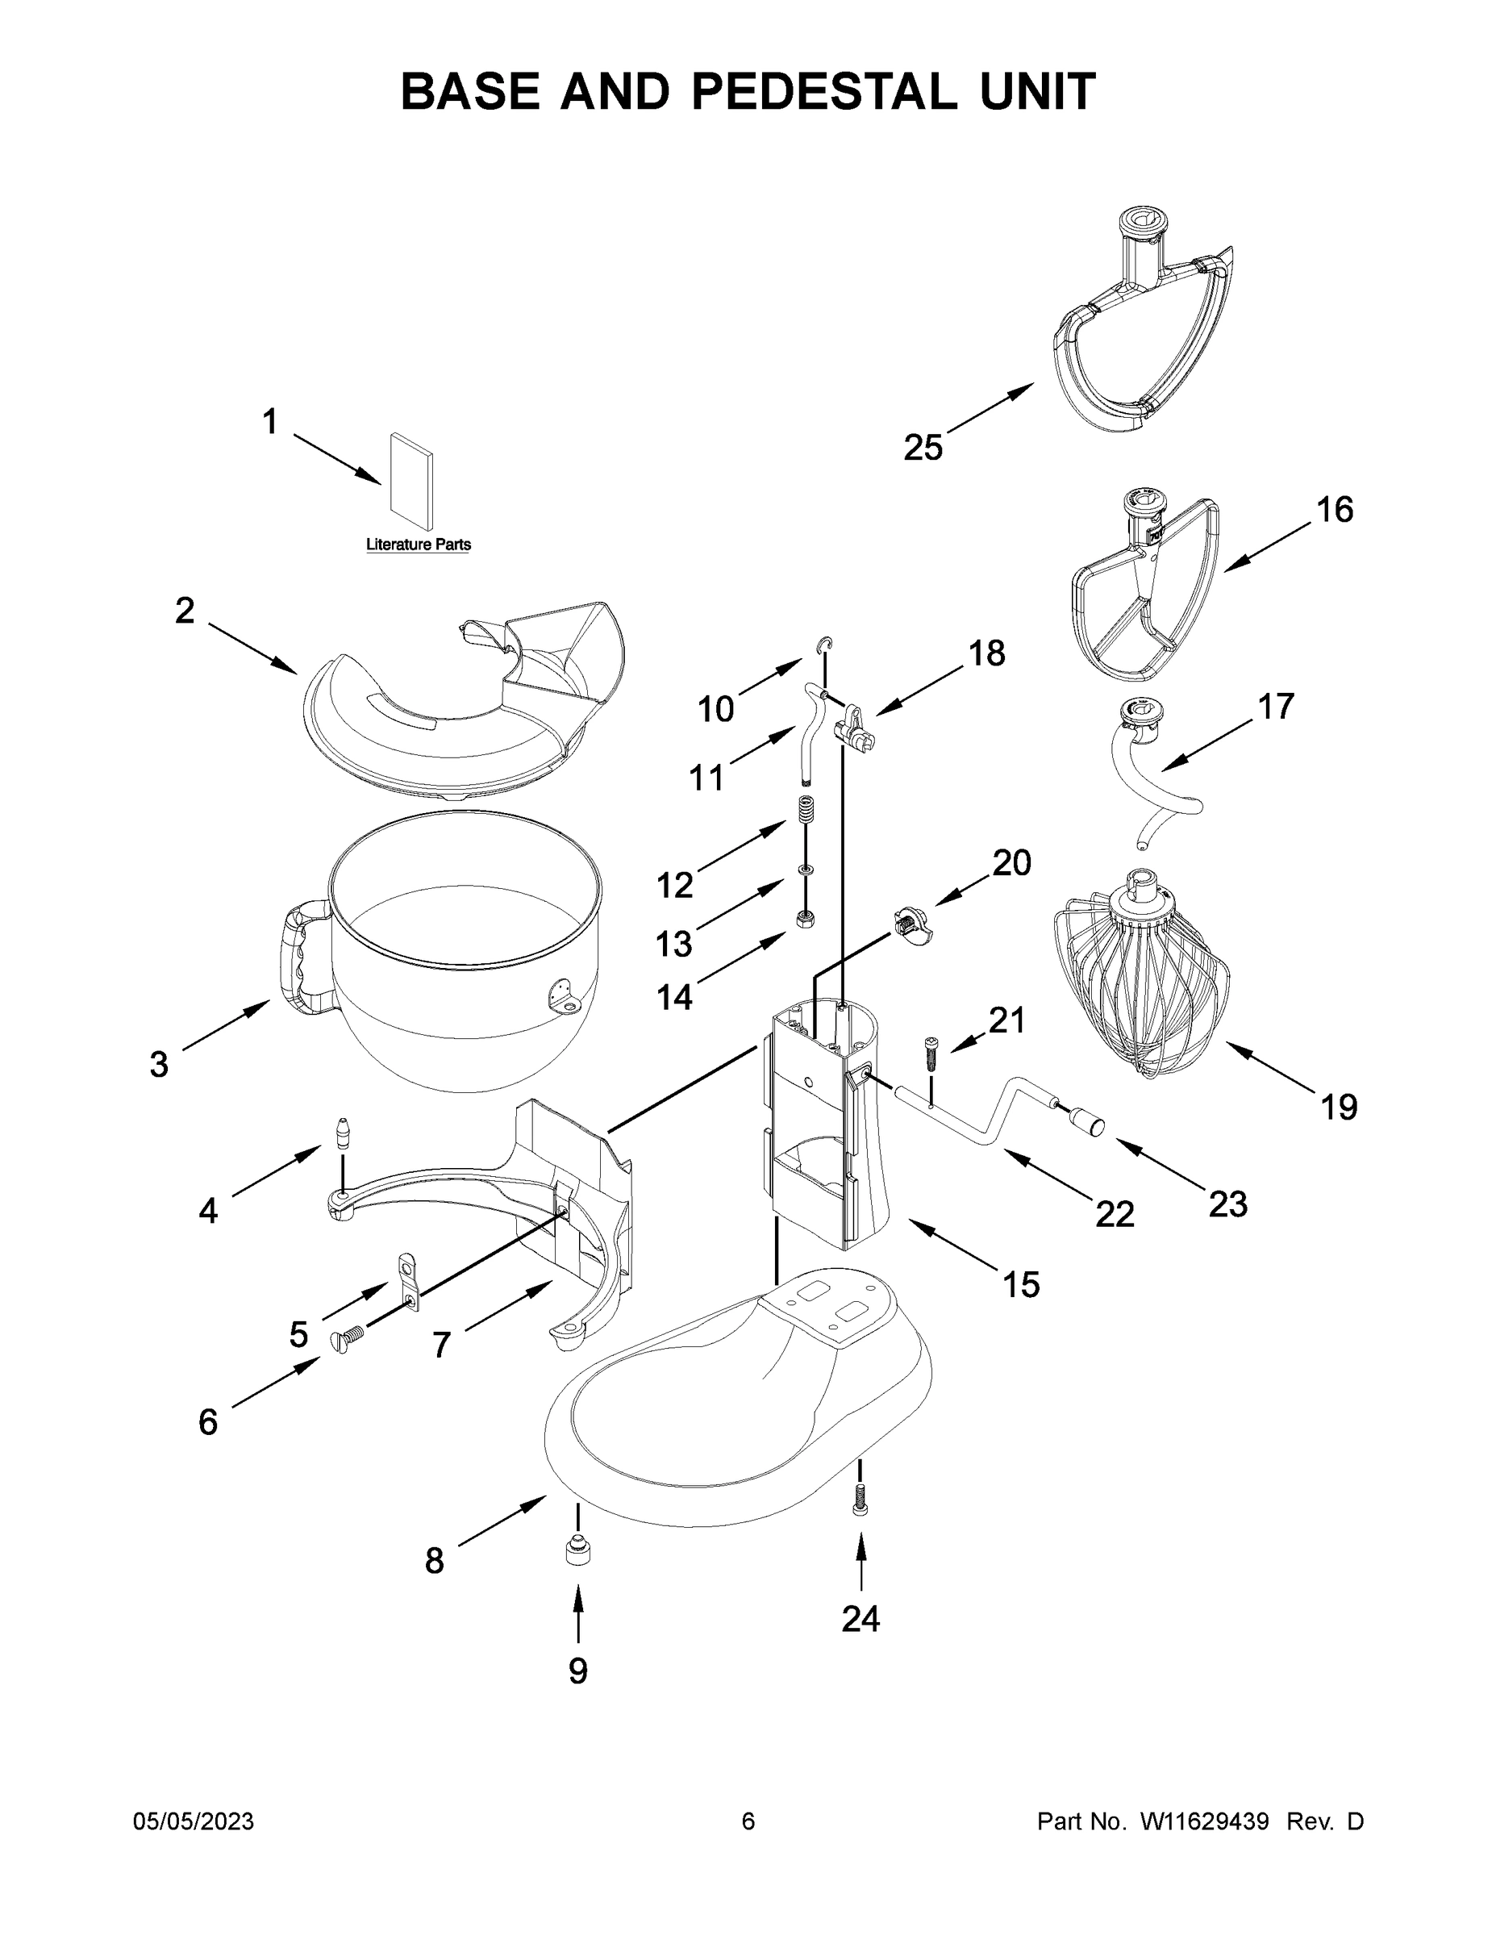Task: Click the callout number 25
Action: coord(923,448)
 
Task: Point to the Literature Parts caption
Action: coord(419,544)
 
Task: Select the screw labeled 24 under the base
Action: coord(858,1500)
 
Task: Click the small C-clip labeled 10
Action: coord(825,645)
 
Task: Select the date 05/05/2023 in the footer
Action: coord(194,1822)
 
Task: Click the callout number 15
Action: coord(1020,1284)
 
